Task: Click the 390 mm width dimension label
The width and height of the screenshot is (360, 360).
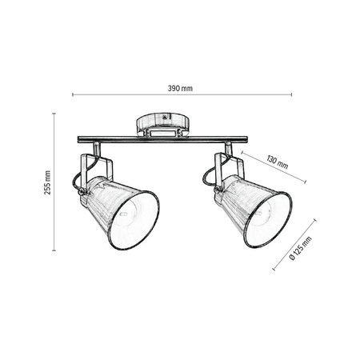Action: (x=180, y=87)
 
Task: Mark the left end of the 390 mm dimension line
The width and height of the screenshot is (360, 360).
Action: (x=74, y=95)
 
